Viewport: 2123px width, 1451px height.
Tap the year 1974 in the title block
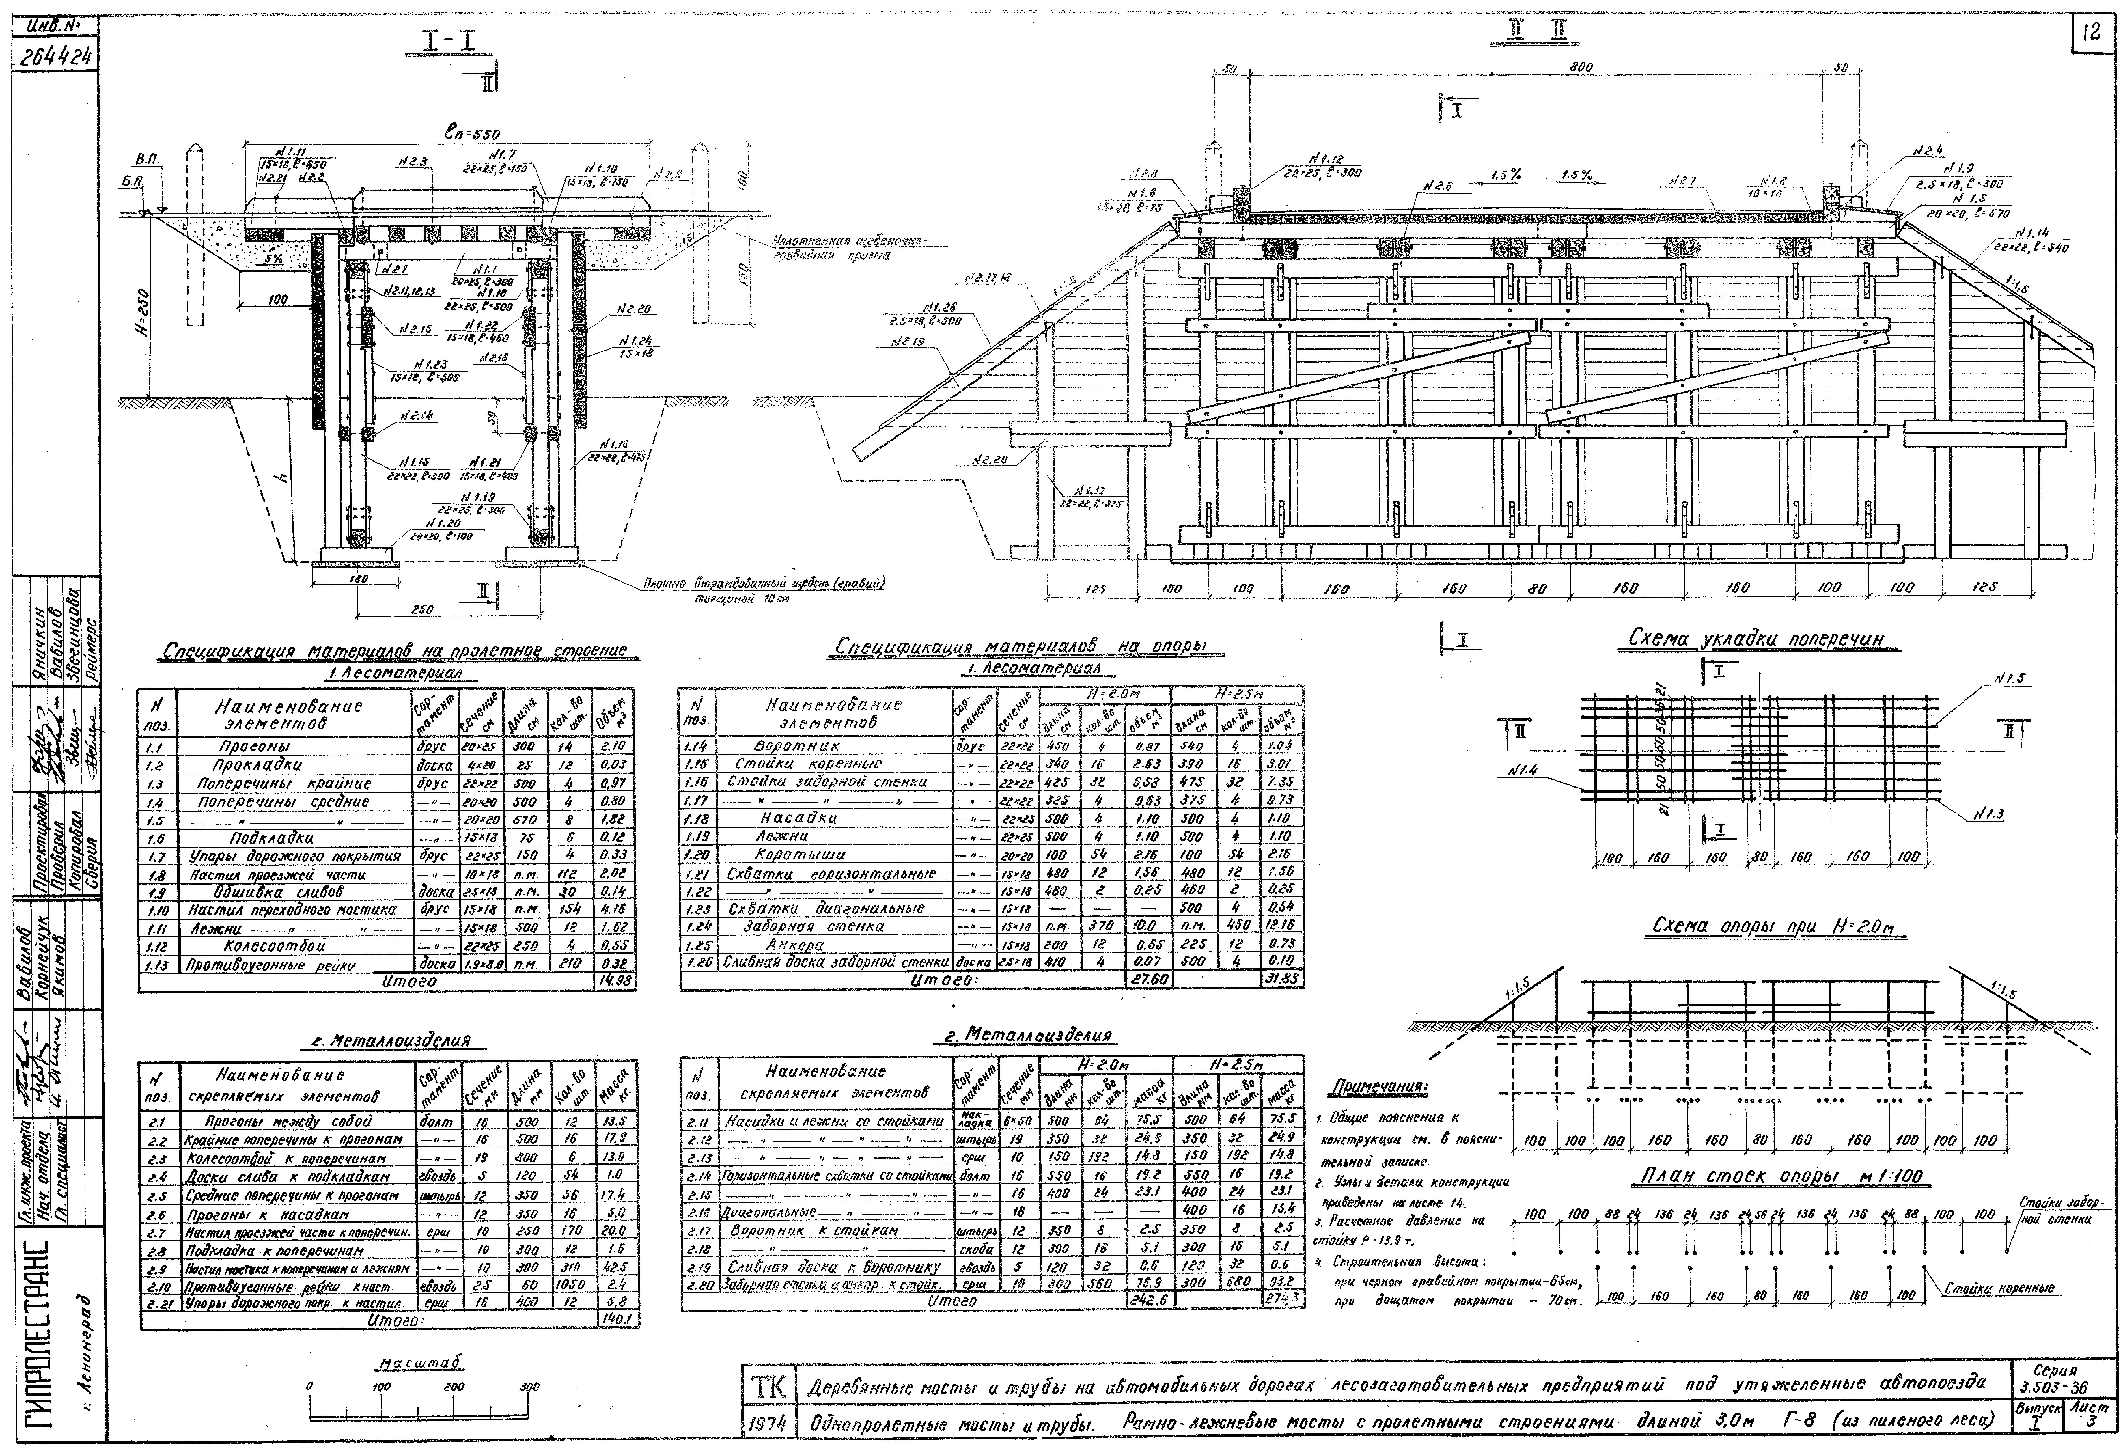775,1423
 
